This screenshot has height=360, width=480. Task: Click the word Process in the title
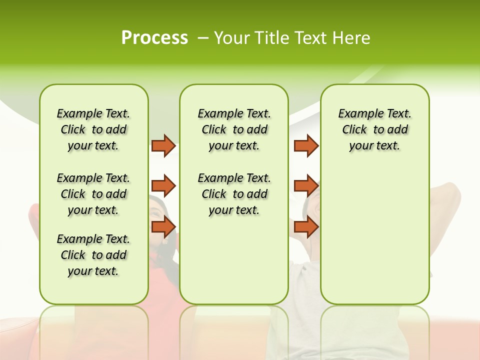click(154, 38)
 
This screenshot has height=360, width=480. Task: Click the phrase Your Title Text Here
click(292, 38)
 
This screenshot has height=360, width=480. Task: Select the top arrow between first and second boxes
click(163, 145)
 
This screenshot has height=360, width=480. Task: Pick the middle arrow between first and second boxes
click(163, 186)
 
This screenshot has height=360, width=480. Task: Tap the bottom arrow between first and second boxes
click(163, 227)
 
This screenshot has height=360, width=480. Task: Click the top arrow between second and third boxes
click(306, 145)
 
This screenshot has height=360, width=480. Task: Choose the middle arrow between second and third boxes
click(306, 186)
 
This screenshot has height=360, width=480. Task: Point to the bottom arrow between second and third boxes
click(306, 227)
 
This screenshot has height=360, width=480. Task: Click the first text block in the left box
click(93, 129)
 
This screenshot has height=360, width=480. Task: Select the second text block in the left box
click(93, 194)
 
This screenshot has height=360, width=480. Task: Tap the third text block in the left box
click(93, 255)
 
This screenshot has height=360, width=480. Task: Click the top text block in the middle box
click(234, 129)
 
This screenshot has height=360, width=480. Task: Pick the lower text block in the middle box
click(234, 194)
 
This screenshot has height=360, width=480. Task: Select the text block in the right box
click(375, 129)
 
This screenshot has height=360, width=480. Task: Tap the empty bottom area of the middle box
click(234, 265)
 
